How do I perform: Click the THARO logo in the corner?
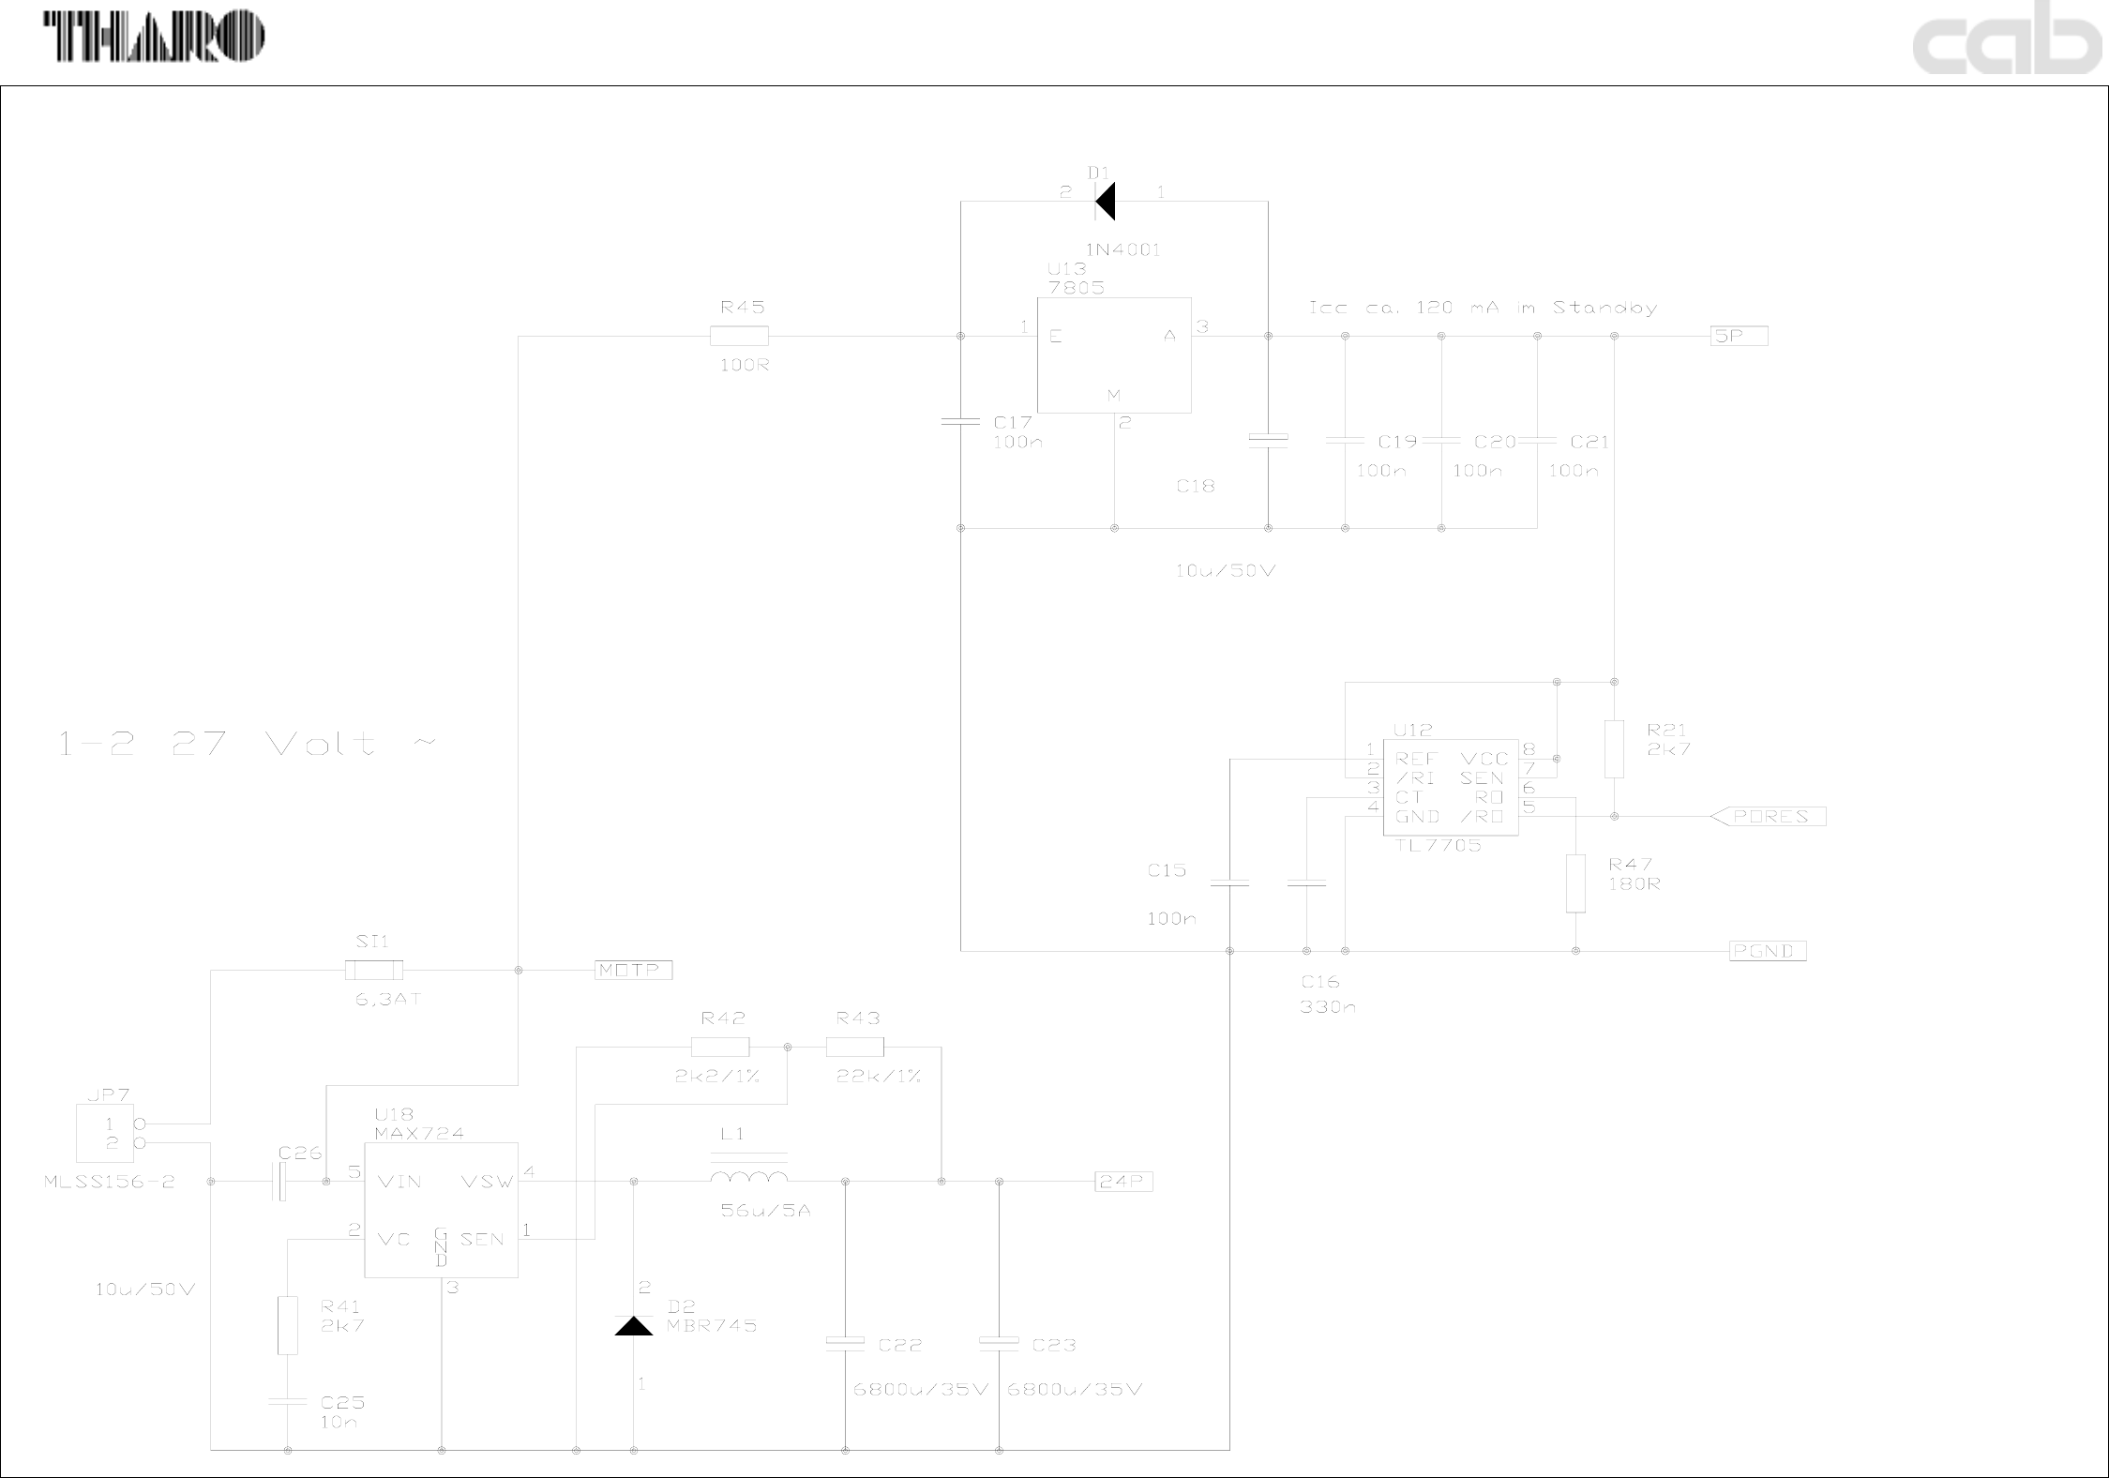click(155, 38)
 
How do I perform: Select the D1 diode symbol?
click(1106, 202)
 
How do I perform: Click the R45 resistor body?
click(739, 336)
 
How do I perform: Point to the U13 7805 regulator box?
click(1113, 354)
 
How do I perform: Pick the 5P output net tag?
click(1739, 336)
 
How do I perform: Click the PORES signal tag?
click(1769, 817)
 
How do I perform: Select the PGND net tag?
click(1767, 951)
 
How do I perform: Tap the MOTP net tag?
click(633, 970)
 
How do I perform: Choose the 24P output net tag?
click(1122, 1182)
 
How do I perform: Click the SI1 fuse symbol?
click(374, 970)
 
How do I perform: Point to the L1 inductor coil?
click(748, 1178)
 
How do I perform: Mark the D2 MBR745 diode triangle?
click(634, 1326)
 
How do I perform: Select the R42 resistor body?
click(719, 1047)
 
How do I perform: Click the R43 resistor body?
click(854, 1047)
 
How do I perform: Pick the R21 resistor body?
click(1614, 749)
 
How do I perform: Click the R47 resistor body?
click(1575, 883)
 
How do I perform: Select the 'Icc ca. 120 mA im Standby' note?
click(1482, 308)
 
